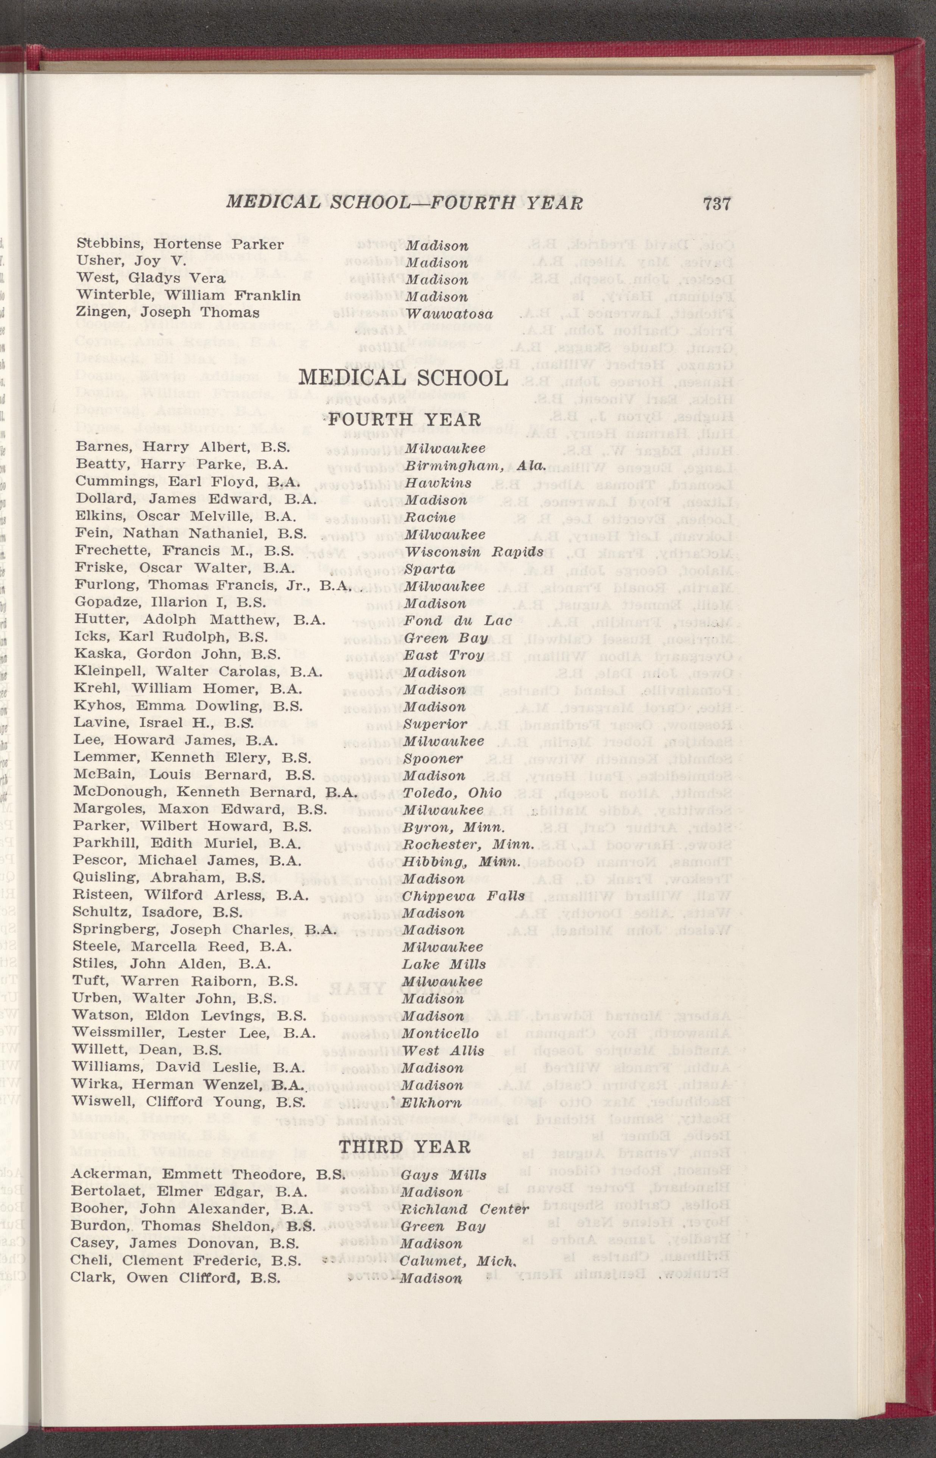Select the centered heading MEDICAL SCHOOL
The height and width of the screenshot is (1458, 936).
click(x=403, y=378)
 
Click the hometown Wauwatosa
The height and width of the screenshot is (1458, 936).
click(x=449, y=314)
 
